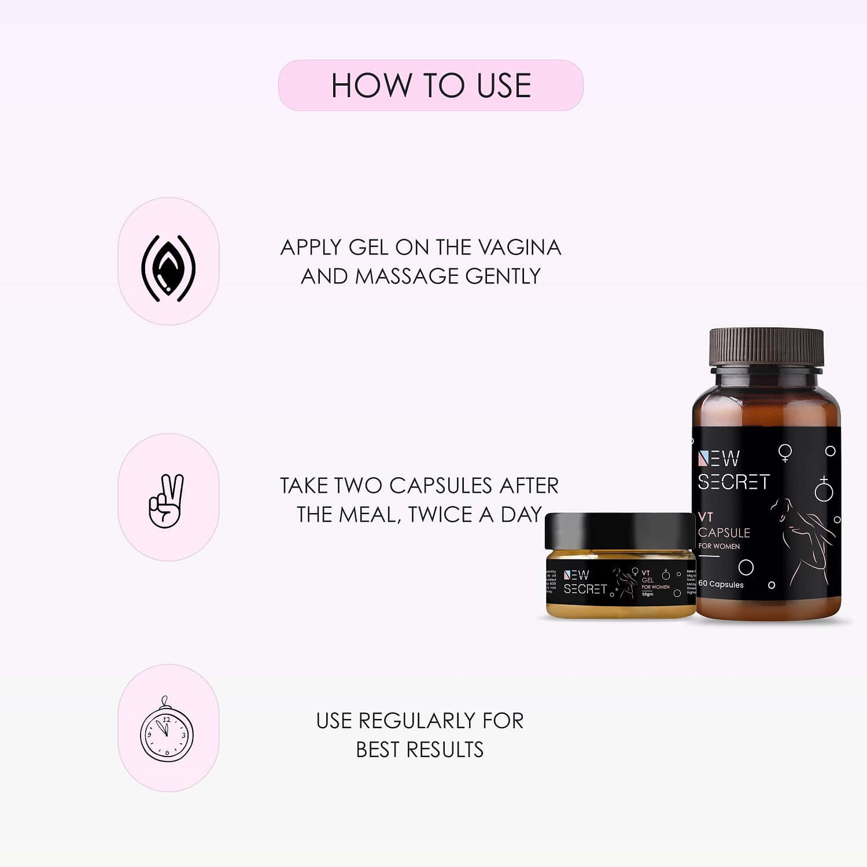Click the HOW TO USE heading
coord(431,86)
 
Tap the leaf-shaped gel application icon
coord(168,267)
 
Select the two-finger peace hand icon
coord(167,501)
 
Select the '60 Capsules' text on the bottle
coord(721,584)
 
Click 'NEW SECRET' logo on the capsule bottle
coord(732,471)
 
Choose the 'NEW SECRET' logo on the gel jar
coord(585,582)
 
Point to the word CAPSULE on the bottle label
coord(724,532)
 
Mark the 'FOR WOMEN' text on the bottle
coord(719,546)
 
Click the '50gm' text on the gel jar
coord(648,594)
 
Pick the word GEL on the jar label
coord(647,580)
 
